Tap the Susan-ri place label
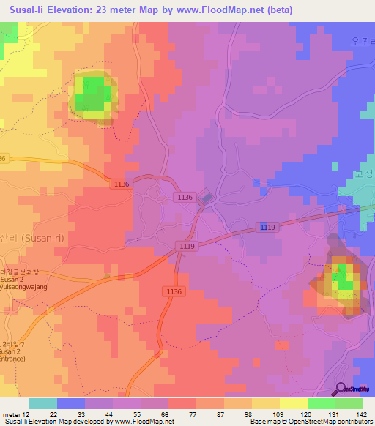click(x=26, y=238)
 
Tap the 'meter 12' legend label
click(x=16, y=414)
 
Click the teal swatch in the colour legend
click(x=43, y=403)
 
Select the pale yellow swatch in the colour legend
click(x=294, y=403)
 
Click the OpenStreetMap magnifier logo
click(x=341, y=389)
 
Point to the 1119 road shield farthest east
click(x=267, y=229)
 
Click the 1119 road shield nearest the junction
click(x=187, y=247)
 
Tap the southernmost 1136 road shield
click(x=172, y=291)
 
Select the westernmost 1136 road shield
click(x=122, y=184)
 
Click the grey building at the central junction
click(x=207, y=197)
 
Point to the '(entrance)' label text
click(x=16, y=360)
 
